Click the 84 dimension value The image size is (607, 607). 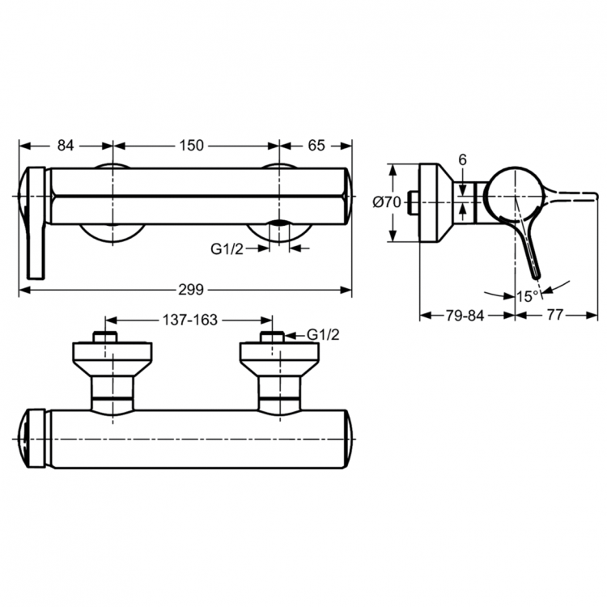click(x=66, y=146)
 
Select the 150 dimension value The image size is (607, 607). click(x=192, y=146)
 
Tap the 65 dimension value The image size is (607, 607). click(x=316, y=146)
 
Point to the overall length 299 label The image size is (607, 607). click(x=192, y=290)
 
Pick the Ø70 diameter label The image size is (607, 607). click(x=387, y=203)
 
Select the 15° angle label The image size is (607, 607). click(x=528, y=296)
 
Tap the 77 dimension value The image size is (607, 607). click(x=554, y=316)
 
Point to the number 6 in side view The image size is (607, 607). click(x=462, y=160)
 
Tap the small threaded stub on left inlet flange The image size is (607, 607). click(x=107, y=337)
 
